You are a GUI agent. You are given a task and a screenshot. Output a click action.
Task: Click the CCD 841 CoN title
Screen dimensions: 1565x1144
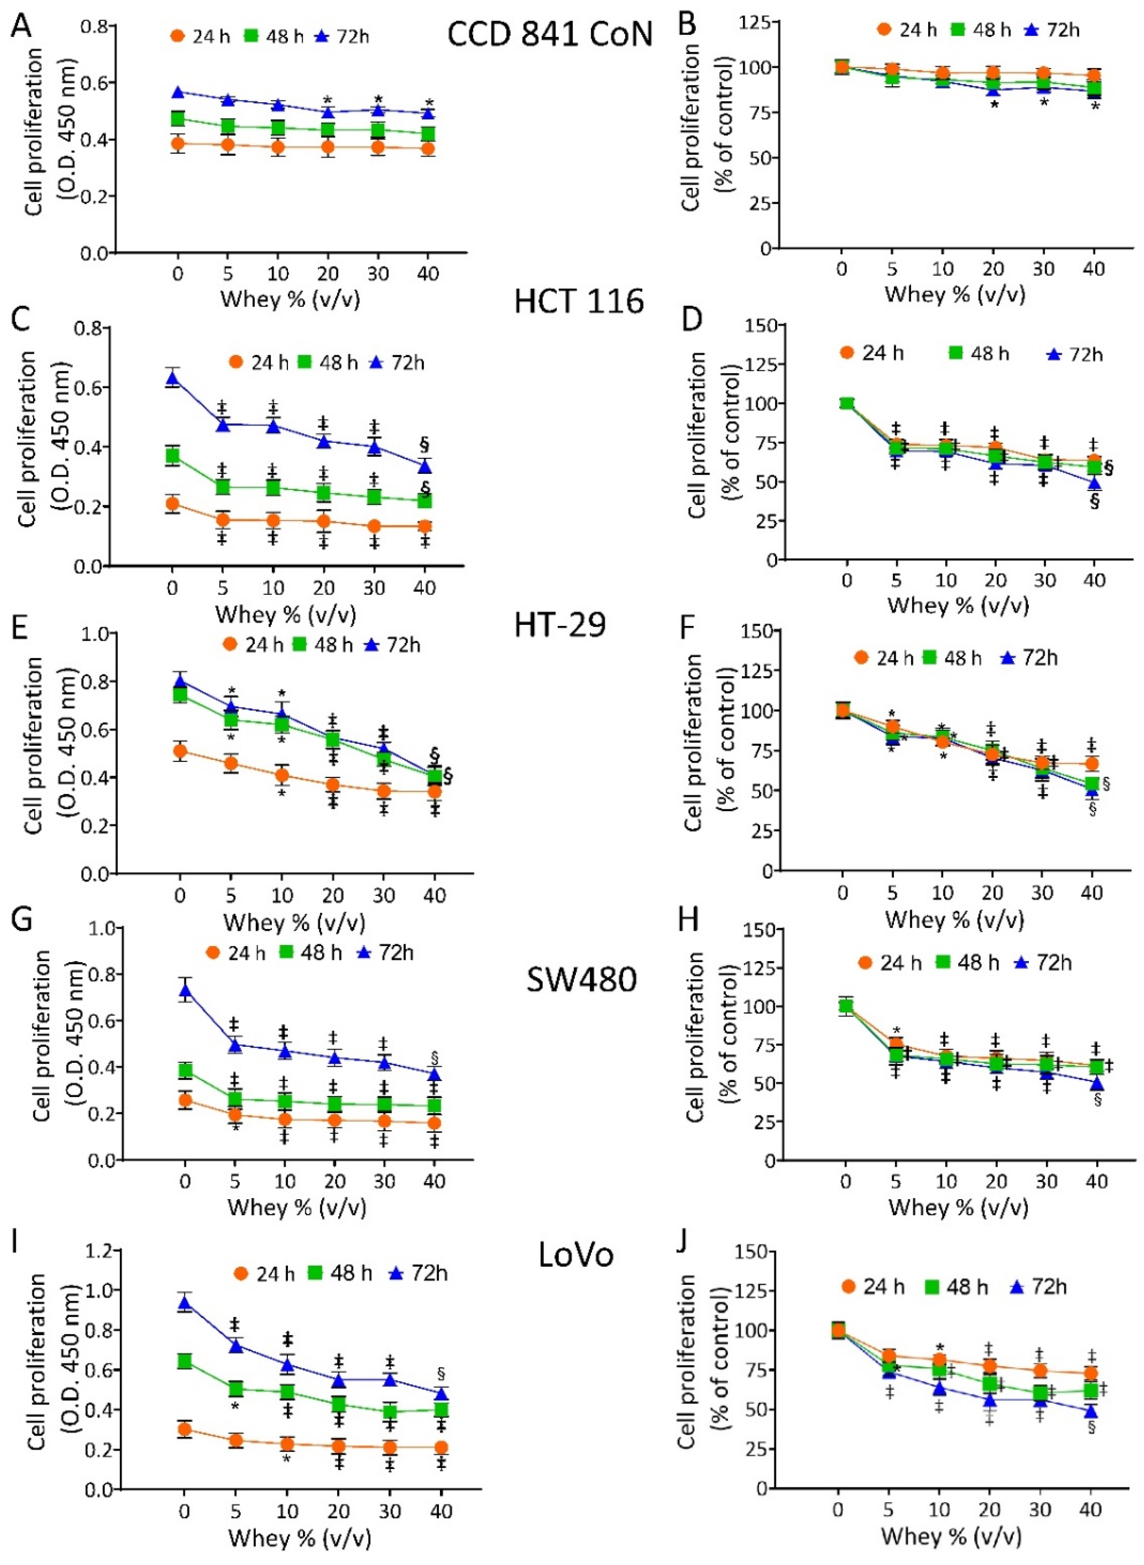tap(550, 33)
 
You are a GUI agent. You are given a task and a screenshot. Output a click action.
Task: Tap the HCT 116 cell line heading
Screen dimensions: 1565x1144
tap(579, 301)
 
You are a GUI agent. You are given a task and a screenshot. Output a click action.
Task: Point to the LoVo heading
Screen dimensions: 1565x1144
tap(576, 1255)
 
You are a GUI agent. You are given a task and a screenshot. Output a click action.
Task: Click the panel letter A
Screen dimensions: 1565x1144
tap(21, 26)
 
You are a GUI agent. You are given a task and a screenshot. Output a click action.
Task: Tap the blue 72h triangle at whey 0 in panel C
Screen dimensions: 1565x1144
tap(172, 378)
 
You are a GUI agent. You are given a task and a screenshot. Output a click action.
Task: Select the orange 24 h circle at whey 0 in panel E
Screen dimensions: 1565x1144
tap(180, 750)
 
